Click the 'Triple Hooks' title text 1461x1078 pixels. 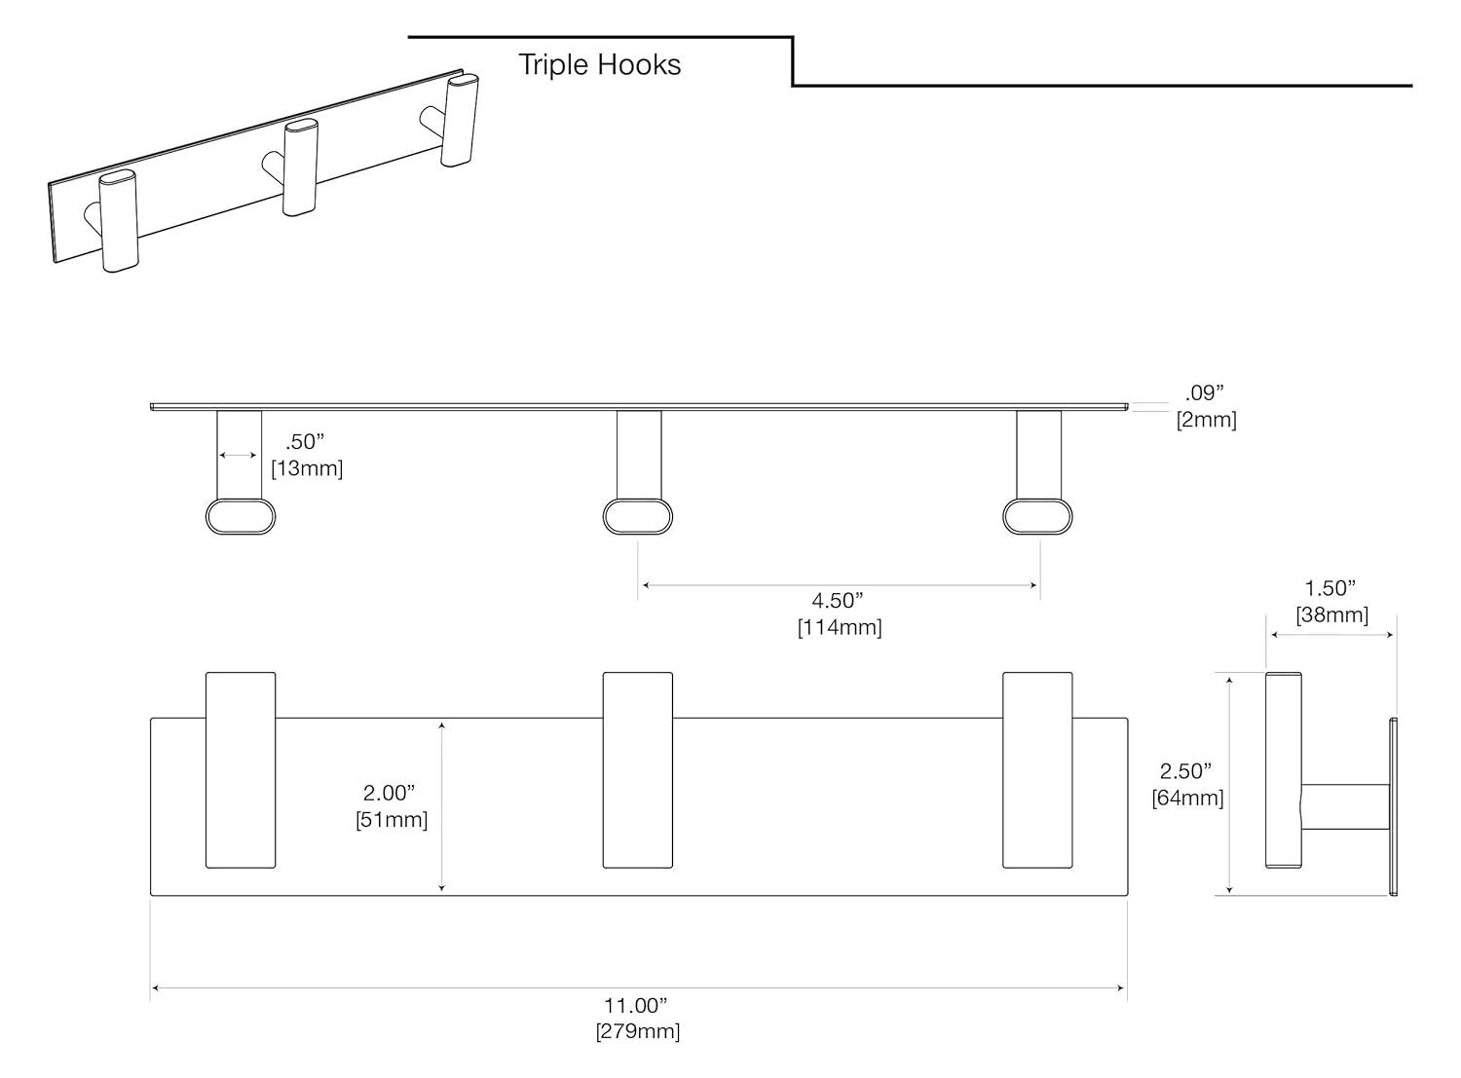point(599,64)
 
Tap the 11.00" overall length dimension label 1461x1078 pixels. point(636,1005)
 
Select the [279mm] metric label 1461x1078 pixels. point(638,1031)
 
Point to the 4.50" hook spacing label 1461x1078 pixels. point(838,600)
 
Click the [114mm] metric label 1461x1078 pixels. point(840,627)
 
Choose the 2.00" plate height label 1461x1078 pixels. point(390,793)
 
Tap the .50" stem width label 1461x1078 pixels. point(305,441)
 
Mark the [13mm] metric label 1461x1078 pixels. point(307,468)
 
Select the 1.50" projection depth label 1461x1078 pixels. point(1330,587)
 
